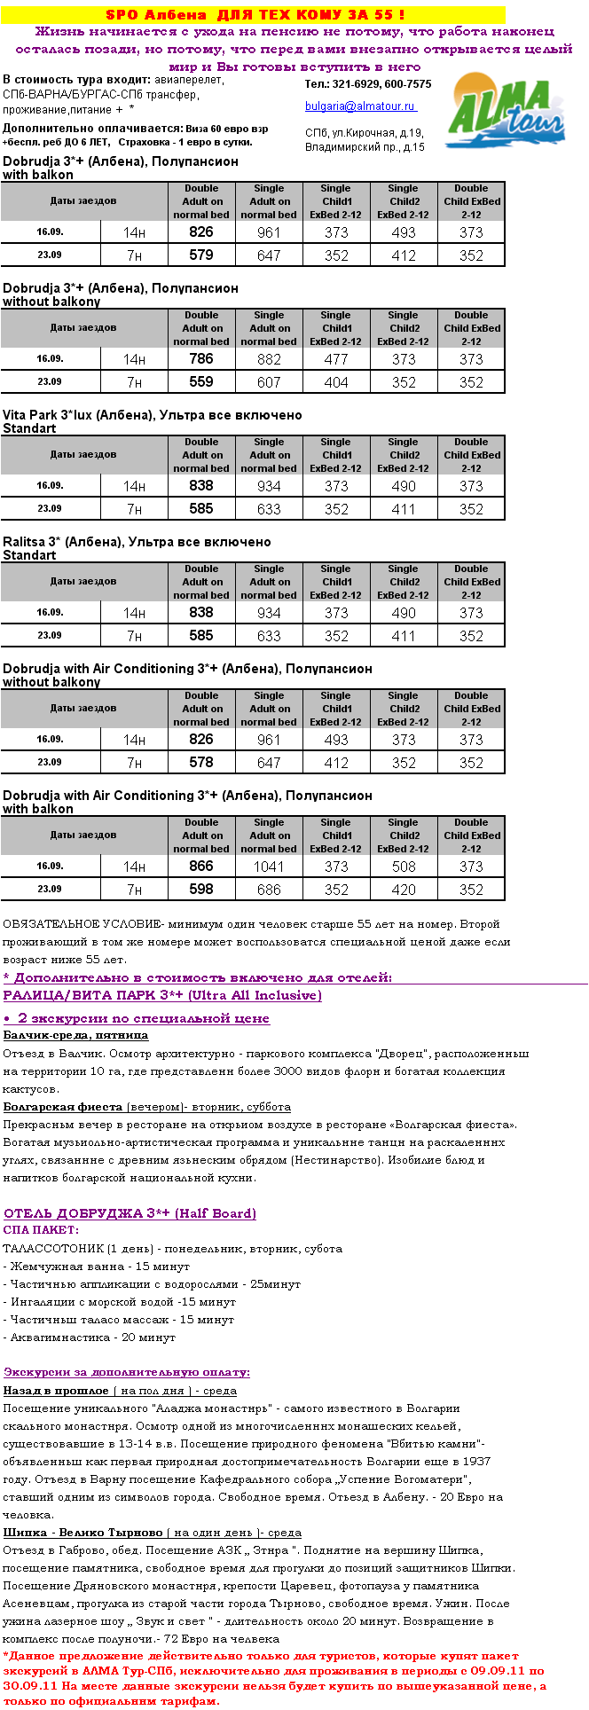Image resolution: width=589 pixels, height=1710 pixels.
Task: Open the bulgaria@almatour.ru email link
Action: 360,106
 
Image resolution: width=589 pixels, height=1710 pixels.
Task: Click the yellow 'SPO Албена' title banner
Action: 255,15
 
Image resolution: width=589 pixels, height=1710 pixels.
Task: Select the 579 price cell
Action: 201,255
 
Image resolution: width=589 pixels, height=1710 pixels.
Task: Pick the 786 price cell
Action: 201,359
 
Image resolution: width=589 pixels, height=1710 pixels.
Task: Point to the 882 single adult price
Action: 269,359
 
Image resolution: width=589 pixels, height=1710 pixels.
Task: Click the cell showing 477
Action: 336,359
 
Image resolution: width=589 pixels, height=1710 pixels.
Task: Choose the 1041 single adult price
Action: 269,867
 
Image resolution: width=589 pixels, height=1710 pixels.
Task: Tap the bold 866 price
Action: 201,867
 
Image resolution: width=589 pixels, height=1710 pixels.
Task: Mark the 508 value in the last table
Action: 404,867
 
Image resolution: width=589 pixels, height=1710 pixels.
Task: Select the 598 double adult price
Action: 201,890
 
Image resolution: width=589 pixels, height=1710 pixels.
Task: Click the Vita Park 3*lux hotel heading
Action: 152,415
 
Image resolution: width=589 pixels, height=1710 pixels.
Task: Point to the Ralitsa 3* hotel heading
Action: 137,542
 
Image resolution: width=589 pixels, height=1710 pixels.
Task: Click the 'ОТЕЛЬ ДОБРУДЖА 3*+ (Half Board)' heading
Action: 130,1213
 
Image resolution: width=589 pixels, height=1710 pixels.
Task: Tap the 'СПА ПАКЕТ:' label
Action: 41,1230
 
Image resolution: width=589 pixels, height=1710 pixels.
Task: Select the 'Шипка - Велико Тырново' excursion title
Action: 82,1533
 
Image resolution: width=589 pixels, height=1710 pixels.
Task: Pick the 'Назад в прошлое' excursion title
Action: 56,1391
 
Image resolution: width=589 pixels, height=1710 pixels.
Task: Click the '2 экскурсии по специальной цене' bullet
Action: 143,1018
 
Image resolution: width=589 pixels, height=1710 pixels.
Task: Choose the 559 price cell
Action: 201,382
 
